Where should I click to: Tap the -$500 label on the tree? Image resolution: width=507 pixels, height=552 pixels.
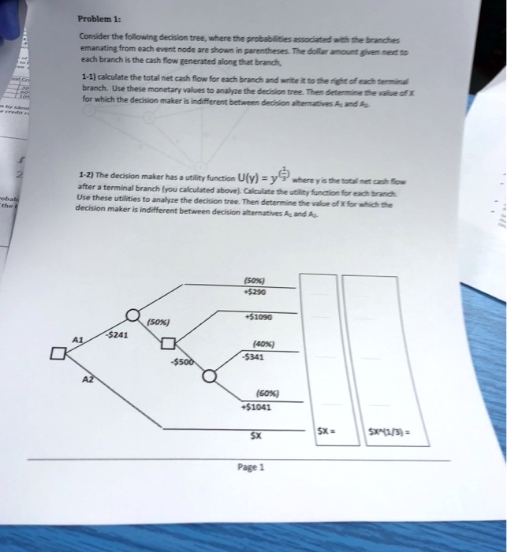[x=181, y=364]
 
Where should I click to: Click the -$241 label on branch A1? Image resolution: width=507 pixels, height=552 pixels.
[x=117, y=334]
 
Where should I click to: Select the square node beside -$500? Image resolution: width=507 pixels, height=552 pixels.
[x=167, y=344]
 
